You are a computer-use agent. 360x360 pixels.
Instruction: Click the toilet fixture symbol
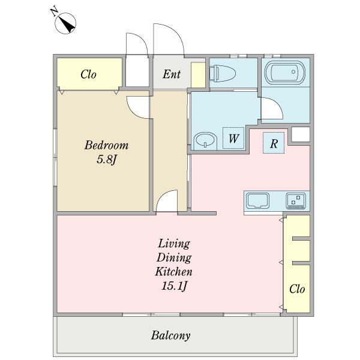223,73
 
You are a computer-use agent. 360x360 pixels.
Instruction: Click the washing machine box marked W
233,138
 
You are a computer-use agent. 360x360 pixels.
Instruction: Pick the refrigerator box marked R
274,143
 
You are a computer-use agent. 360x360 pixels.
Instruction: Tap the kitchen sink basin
257,200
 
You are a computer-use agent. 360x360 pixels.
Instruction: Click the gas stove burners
296,200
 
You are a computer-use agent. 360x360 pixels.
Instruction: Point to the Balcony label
170,335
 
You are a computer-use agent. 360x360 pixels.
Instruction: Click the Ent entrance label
172,74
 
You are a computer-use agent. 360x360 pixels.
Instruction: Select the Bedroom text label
106,145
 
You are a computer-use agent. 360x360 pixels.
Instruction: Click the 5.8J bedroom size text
107,160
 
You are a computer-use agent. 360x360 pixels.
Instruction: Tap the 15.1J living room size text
174,286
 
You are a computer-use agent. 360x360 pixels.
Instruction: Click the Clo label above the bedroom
88,74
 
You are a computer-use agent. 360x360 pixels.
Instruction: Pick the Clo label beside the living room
297,289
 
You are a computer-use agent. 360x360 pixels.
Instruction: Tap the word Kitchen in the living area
173,272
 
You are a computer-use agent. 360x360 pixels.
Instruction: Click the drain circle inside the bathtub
293,71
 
